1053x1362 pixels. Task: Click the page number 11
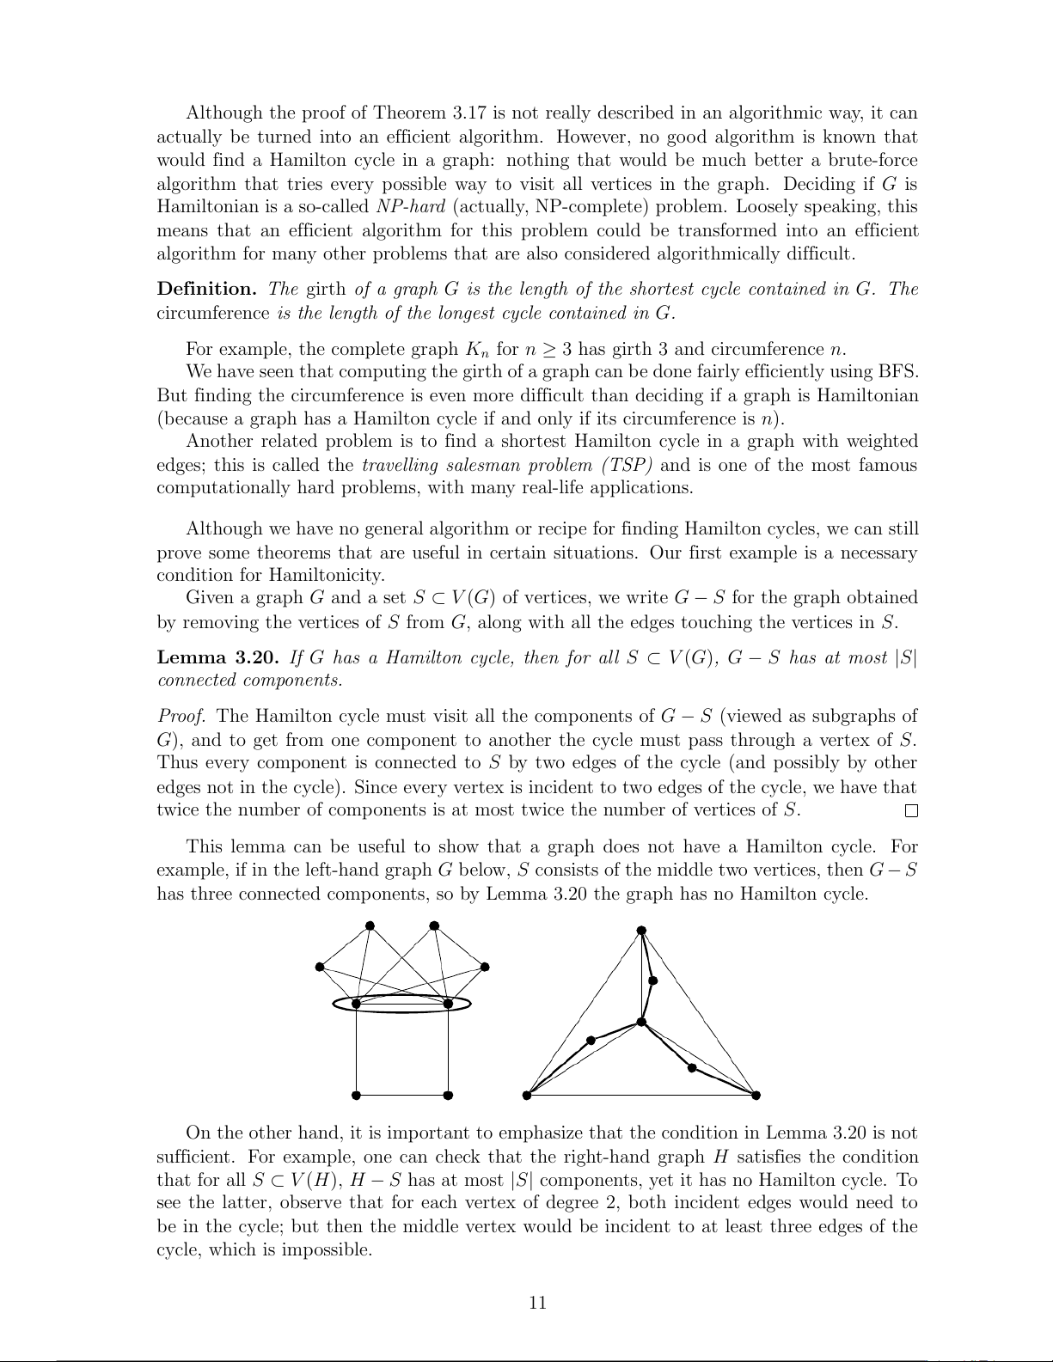coord(537,1303)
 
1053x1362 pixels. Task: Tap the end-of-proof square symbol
coord(911,811)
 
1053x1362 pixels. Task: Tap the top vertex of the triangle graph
coord(641,930)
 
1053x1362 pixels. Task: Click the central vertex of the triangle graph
coord(641,1022)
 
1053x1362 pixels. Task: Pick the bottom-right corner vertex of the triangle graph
coord(756,1095)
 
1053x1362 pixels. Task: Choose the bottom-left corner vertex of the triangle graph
coord(527,1095)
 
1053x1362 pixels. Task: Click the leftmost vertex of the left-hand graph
coord(319,967)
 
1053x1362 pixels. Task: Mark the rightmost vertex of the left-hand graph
coord(485,967)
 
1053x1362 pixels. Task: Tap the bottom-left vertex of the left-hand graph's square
coord(356,1095)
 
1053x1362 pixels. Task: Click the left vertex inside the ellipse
coord(356,1004)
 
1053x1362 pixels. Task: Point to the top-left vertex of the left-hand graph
coord(370,925)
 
